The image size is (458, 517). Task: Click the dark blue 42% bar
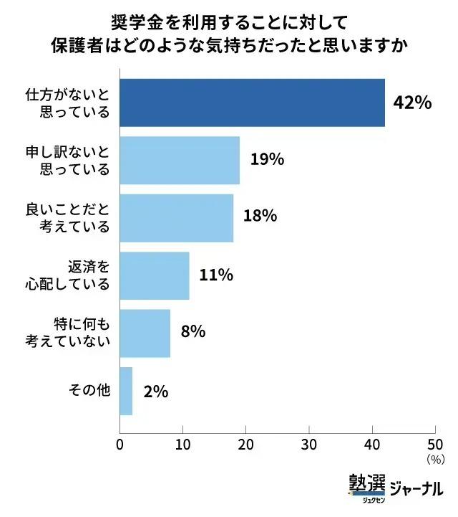pyautogui.click(x=252, y=103)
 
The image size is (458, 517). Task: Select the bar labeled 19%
pyautogui.click(x=180, y=160)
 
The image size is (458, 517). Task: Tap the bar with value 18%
pyautogui.click(x=176, y=217)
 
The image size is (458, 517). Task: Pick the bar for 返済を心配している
pyautogui.click(x=155, y=275)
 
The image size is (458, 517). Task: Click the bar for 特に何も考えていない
pyautogui.click(x=145, y=333)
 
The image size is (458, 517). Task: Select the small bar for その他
pyautogui.click(x=126, y=391)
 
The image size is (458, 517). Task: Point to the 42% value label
pyautogui.click(x=412, y=103)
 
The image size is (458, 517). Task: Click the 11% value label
pyautogui.click(x=216, y=275)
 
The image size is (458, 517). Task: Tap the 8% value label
pyautogui.click(x=193, y=332)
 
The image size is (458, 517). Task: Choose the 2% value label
pyautogui.click(x=155, y=391)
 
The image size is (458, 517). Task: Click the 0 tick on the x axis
pyautogui.click(x=120, y=444)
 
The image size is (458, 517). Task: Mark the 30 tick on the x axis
pyautogui.click(x=309, y=444)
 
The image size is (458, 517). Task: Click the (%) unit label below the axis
pyautogui.click(x=435, y=457)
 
